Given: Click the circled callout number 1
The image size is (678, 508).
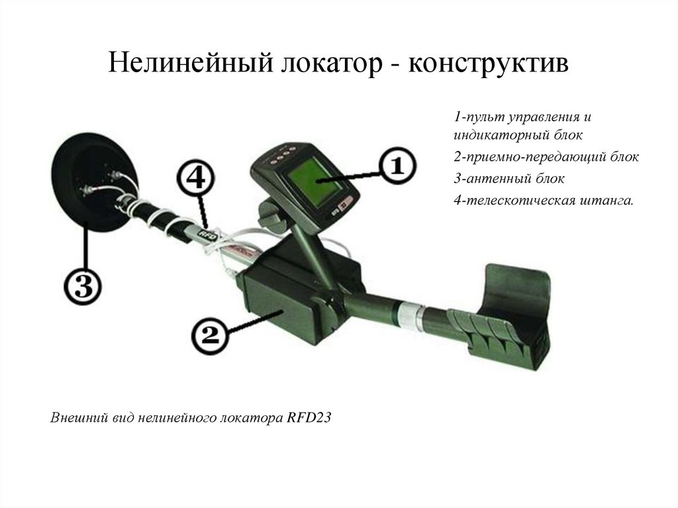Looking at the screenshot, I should coord(396,166).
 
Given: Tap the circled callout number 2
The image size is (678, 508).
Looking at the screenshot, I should coord(209,336).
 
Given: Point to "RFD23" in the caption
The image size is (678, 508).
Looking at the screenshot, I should coord(309,418).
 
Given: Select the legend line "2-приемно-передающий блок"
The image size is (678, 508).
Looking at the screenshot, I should coord(546,157).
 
